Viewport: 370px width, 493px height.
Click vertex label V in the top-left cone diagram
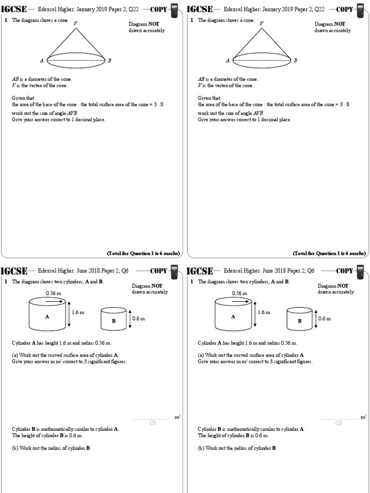(76, 23)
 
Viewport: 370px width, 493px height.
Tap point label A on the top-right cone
(228, 61)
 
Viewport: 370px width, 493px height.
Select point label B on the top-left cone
(110, 61)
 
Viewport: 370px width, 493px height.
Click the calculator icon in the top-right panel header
(360, 10)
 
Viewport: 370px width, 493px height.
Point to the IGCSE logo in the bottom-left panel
(14, 271)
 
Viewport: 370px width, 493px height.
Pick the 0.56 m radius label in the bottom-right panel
(239, 293)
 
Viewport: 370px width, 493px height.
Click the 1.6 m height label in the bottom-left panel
(78, 312)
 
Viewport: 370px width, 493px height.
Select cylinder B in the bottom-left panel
(114, 319)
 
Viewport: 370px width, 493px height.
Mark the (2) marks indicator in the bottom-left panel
(152, 423)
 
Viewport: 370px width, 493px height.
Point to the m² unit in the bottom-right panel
(364, 417)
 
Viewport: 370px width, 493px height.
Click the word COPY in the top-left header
(159, 9)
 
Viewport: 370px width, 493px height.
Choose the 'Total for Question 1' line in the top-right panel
(329, 253)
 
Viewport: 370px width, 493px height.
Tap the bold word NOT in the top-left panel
(157, 24)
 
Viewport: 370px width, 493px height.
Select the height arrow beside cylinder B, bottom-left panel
(130, 319)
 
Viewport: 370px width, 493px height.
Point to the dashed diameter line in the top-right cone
(262, 61)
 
